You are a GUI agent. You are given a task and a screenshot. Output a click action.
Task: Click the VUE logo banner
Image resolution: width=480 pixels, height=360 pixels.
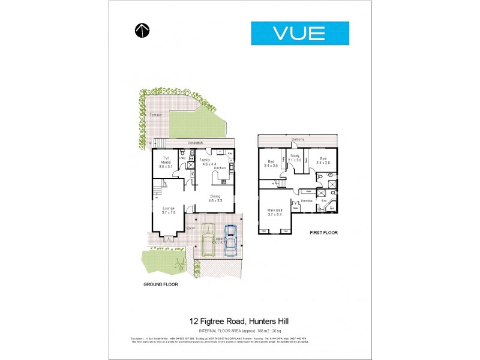pyautogui.click(x=299, y=33)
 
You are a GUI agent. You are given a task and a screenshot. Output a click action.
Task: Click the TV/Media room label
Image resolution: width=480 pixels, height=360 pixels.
pyautogui.click(x=166, y=160)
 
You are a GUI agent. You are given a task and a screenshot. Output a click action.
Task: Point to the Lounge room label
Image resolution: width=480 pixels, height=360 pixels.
pyautogui.click(x=168, y=209)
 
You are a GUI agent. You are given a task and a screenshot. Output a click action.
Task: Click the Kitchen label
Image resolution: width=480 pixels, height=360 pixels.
pyautogui.click(x=220, y=168)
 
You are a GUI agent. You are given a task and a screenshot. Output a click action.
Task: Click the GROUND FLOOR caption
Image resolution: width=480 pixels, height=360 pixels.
pyautogui.click(x=160, y=284)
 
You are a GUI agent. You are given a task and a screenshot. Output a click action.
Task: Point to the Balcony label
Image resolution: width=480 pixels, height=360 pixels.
pyautogui.click(x=298, y=140)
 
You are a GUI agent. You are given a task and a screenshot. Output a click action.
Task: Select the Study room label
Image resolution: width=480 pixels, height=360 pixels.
pyautogui.click(x=295, y=157)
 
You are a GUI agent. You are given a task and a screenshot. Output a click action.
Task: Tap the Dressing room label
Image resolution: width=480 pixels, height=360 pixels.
pyautogui.click(x=307, y=200)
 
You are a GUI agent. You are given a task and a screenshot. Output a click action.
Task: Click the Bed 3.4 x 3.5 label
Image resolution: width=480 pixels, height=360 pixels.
pyautogui.click(x=271, y=163)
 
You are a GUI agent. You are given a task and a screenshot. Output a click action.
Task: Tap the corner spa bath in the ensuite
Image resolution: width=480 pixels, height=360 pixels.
pyautogui.click(x=330, y=208)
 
